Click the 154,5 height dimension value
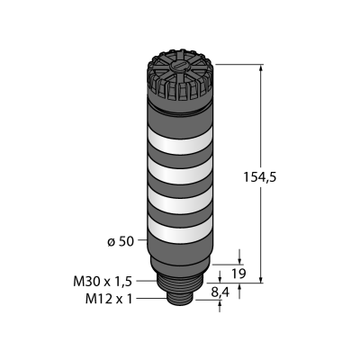click(x=259, y=177)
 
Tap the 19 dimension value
click(x=239, y=274)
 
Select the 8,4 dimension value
click(x=220, y=292)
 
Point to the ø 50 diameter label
click(x=121, y=241)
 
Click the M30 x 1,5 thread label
click(x=103, y=282)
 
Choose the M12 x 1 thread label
click(x=109, y=299)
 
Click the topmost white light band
click(x=180, y=140)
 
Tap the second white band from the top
click(x=180, y=170)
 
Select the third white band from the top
click(x=180, y=200)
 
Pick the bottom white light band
click(x=180, y=229)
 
